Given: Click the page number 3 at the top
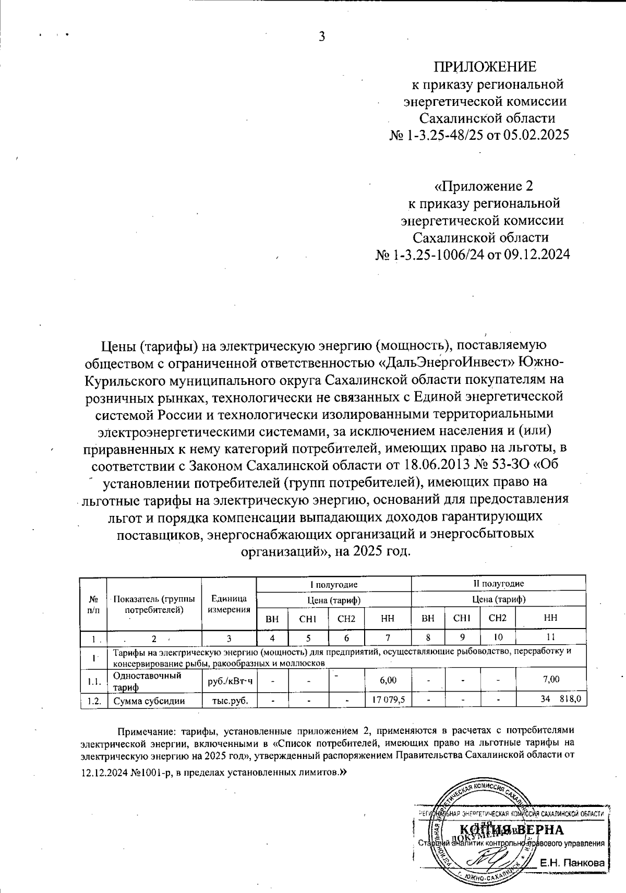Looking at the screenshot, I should (x=322, y=37).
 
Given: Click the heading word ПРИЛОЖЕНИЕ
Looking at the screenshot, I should (x=485, y=67).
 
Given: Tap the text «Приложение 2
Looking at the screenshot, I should (x=484, y=186).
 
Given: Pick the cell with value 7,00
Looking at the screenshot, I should (x=551, y=680).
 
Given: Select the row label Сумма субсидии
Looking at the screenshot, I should (x=149, y=701).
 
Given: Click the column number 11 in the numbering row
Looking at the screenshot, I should (x=551, y=637).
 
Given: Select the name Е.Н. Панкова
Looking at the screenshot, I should (x=572, y=864).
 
